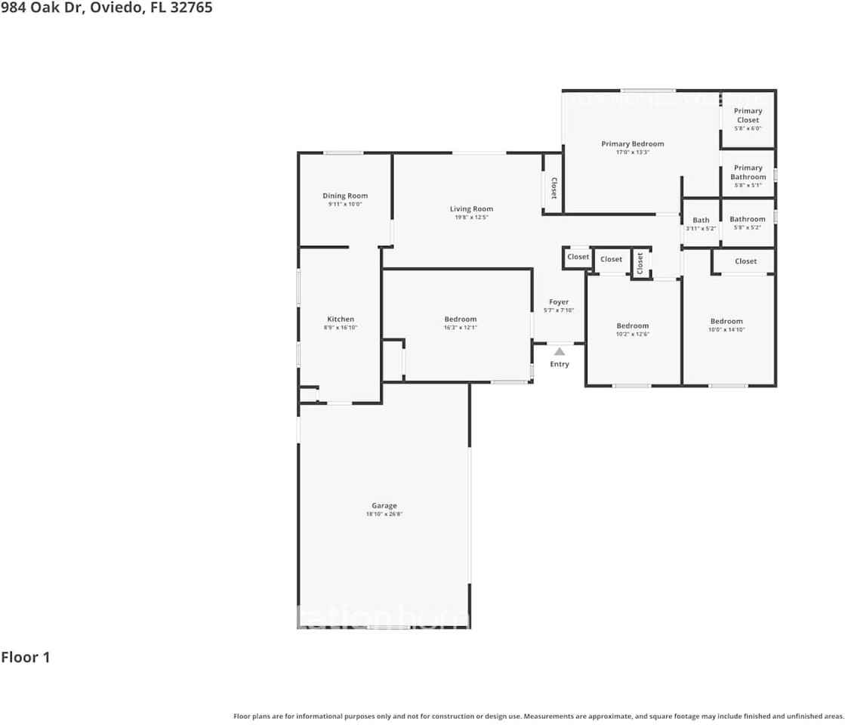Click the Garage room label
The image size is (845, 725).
[384, 506]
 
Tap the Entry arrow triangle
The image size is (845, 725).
[560, 351]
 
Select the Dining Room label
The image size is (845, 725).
[345, 196]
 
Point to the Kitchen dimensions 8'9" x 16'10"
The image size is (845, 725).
[341, 328]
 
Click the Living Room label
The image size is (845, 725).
[471, 209]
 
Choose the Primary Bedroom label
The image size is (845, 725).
[632, 143]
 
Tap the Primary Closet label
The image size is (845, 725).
[748, 116]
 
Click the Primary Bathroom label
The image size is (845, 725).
[748, 173]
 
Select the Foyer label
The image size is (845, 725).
[559, 302]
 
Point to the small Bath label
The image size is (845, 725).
[701, 221]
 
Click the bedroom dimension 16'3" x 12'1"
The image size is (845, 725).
[460, 328]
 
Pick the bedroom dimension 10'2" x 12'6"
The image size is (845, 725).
[632, 335]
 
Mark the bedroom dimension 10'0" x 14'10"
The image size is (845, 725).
[726, 329]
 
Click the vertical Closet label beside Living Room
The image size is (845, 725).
[553, 188]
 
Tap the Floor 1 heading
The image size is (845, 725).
[26, 657]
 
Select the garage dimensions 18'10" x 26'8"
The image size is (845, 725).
[384, 514]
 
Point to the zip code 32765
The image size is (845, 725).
[190, 8]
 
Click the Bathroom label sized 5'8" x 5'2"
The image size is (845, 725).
[747, 219]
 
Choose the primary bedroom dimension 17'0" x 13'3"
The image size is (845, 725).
[632, 153]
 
